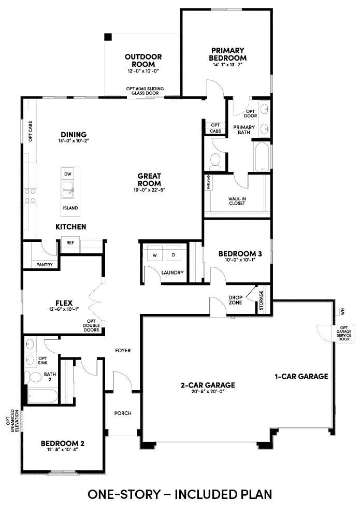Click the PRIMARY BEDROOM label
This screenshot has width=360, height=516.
228,54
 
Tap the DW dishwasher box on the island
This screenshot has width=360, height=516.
67,174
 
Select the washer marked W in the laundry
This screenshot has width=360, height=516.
155,255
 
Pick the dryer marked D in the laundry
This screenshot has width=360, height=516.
174,255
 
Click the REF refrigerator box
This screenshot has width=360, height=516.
70,243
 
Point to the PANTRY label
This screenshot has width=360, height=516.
45,265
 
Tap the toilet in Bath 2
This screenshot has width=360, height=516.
33,377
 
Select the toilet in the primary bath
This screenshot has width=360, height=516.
215,162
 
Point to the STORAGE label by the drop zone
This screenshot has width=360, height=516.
261,300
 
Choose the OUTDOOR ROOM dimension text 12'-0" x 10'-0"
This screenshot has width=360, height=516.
143,71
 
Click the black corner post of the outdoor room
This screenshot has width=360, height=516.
108,37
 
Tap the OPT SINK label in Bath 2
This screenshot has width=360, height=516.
43,361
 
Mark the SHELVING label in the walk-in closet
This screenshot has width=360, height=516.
209,182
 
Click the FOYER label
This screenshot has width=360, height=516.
123,350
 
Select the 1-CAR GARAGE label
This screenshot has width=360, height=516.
301,376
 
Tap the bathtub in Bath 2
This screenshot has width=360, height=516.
42,396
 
